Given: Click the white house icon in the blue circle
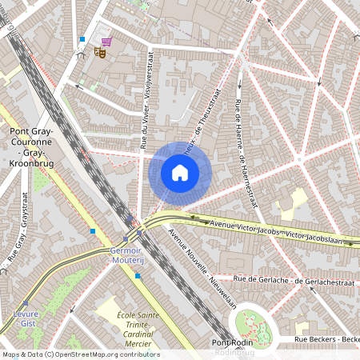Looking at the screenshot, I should [180, 172].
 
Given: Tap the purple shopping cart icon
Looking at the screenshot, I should [106, 41].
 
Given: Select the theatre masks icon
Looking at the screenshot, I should [100, 52].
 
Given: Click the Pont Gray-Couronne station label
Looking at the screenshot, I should [31, 141].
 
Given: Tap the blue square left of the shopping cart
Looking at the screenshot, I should [82, 38].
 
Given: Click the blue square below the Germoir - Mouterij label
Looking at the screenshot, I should [138, 276].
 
